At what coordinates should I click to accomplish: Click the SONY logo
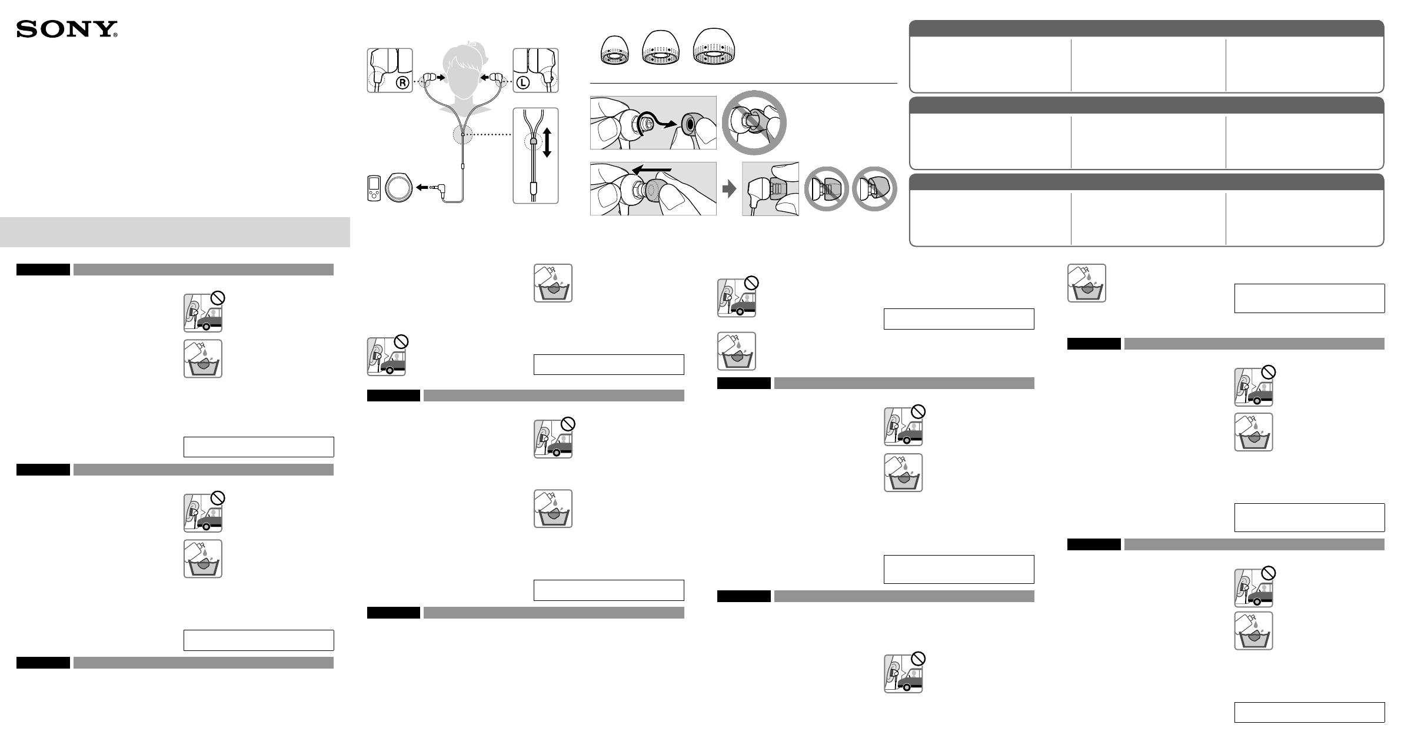point(67,29)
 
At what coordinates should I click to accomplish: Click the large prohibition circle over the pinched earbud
point(754,122)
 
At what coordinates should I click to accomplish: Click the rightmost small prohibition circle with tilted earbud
point(874,188)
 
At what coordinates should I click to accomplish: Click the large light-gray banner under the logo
point(175,232)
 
